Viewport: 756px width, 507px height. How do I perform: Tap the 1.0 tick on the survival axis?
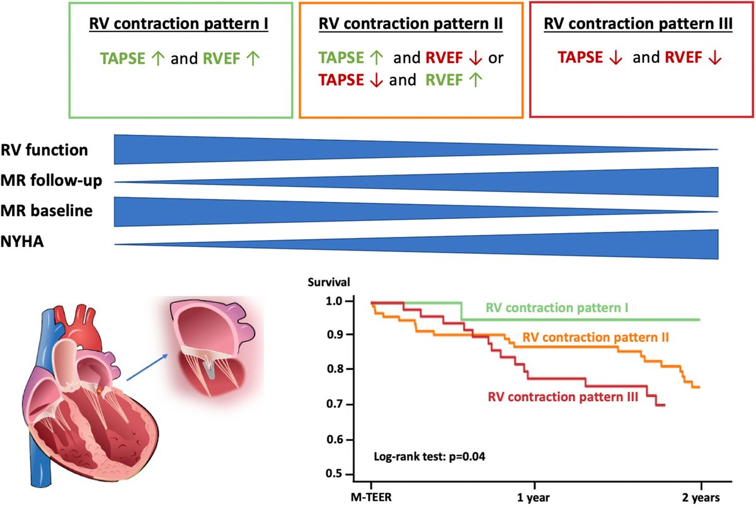[335, 302]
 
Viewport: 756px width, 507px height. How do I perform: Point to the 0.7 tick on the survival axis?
[335, 404]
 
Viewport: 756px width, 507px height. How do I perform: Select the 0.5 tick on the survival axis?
[335, 474]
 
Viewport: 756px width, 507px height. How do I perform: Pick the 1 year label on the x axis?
[535, 496]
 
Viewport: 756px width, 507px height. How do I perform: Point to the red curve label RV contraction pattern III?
[563, 397]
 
